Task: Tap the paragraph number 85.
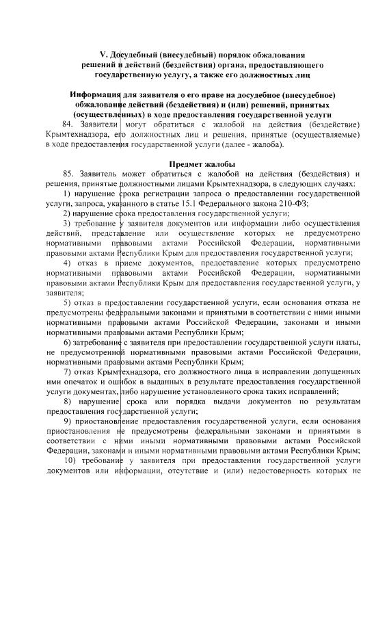coord(67,175)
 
